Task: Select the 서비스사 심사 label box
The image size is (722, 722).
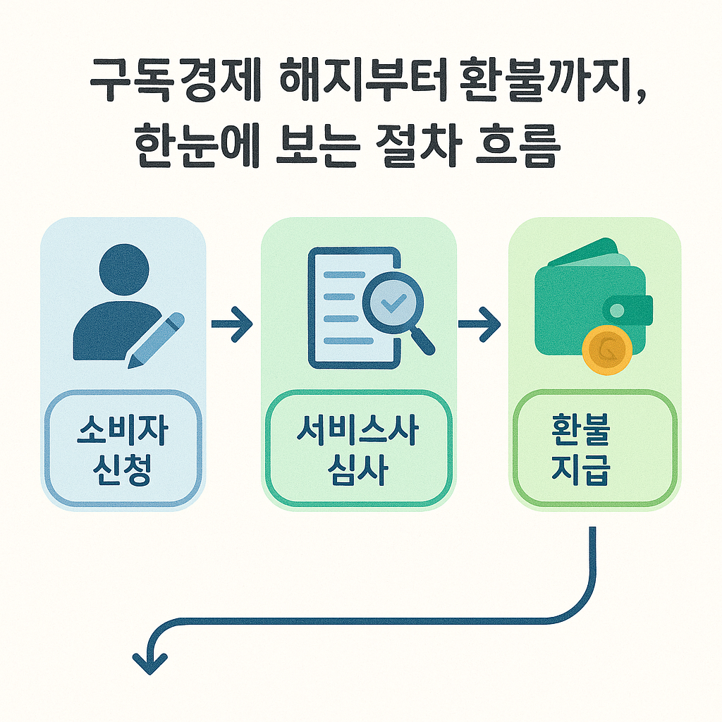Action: click(358, 448)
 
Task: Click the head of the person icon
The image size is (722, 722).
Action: click(125, 270)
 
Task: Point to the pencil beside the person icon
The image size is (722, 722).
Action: click(157, 340)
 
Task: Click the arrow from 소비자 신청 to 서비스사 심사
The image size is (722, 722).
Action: click(232, 324)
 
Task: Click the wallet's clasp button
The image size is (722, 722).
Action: click(618, 310)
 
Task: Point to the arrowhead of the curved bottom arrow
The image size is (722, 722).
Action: click(149, 663)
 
